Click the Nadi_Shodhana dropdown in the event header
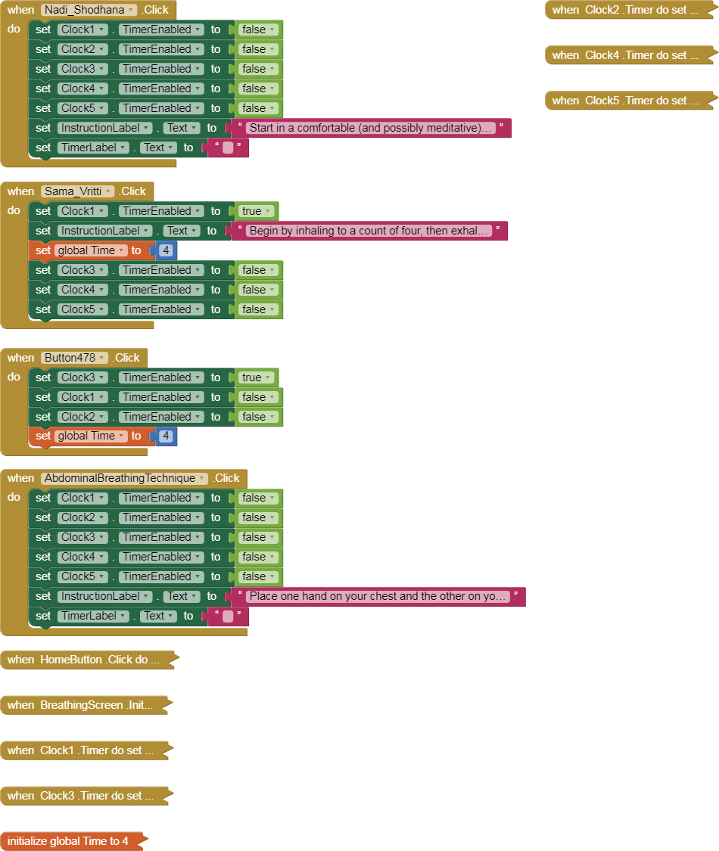tap(89, 10)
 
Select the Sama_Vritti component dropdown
tap(77, 191)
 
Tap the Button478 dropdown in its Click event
tap(75, 358)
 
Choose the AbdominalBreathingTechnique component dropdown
tap(125, 478)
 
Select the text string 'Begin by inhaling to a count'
tap(369, 231)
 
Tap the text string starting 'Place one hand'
tap(378, 596)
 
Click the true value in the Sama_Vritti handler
tap(256, 211)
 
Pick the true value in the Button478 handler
tap(256, 377)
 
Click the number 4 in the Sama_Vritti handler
tap(166, 250)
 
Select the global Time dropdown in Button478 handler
tap(91, 436)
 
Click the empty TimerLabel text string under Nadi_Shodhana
tap(228, 148)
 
